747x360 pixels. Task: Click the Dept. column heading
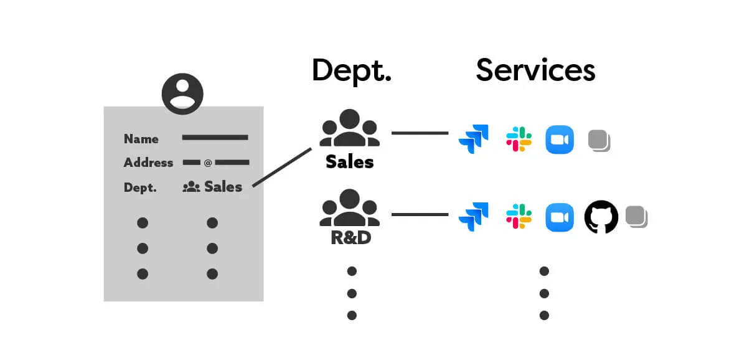[x=351, y=70]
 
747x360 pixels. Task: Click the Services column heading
[x=535, y=70]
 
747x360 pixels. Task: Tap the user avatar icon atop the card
[x=182, y=94]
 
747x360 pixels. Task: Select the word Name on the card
[x=141, y=139]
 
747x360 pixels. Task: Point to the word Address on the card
[x=148, y=163]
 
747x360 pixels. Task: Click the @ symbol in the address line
[x=208, y=163]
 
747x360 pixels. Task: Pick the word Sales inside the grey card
[x=223, y=186]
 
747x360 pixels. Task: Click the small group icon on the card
[x=191, y=186]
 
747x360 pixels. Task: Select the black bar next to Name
[x=215, y=138]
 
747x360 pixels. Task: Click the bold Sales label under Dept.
[x=350, y=163]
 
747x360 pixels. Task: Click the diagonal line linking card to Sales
[x=281, y=167]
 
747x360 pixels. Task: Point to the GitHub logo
[x=601, y=217]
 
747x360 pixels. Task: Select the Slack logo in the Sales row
[x=519, y=139]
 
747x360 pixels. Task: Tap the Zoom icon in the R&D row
[x=559, y=217]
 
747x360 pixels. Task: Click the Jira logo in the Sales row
[x=474, y=139]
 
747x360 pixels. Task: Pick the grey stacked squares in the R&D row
[x=636, y=217]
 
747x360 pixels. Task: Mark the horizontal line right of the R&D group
[x=420, y=215]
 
